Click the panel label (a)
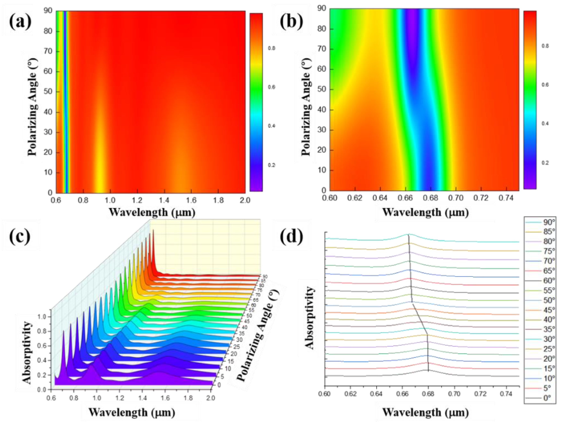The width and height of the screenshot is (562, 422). tap(20, 22)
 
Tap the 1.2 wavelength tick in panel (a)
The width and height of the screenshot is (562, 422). tap(137, 200)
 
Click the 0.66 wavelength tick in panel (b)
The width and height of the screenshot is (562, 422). tap(406, 198)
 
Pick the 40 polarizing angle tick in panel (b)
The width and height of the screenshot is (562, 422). tap(321, 110)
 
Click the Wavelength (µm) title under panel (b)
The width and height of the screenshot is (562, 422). tap(425, 212)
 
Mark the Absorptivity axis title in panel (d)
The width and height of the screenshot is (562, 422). tap(309, 318)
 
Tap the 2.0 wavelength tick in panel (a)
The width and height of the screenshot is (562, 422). tap(245, 200)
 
